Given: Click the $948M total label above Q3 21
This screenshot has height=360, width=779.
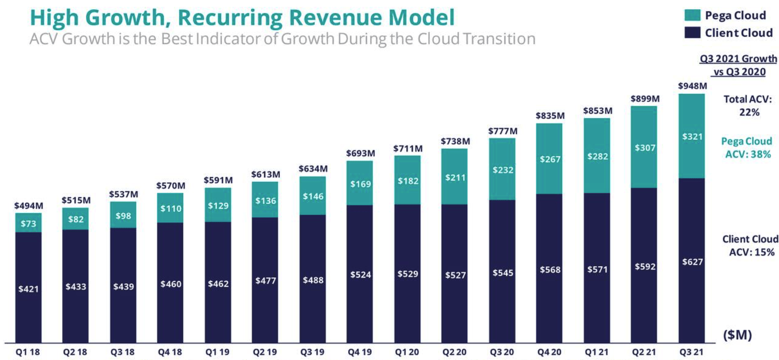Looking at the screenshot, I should [692, 86].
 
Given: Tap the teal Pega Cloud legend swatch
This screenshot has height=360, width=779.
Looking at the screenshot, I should [692, 15].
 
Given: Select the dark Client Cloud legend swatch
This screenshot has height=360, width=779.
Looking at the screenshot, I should [692, 33].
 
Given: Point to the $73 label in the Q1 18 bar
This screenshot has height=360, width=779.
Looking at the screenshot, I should [28, 224].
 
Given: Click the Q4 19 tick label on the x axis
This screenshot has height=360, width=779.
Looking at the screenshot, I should [360, 352].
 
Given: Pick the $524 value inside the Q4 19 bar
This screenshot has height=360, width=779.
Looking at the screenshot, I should [360, 275].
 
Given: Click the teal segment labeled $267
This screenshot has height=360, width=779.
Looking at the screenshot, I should [549, 159].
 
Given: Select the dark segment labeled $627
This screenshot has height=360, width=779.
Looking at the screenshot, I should [692, 262].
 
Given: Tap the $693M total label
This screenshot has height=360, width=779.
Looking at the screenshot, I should [360, 153].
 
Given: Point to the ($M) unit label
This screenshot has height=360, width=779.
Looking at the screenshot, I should [737, 334].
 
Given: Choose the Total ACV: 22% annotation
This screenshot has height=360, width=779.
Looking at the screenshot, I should [748, 106].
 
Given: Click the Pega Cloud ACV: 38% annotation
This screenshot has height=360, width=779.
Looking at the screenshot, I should [746, 148].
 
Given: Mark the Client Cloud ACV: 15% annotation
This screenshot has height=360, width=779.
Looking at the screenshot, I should [750, 246].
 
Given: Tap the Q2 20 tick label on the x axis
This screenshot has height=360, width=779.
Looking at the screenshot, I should [455, 352].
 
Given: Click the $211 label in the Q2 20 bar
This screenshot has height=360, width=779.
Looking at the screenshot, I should [455, 178].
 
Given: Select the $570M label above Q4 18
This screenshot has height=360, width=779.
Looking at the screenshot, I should [170, 185].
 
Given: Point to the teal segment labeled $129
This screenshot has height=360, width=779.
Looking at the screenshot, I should [218, 206].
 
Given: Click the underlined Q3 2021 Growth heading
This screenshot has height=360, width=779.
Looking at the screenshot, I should [738, 59].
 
